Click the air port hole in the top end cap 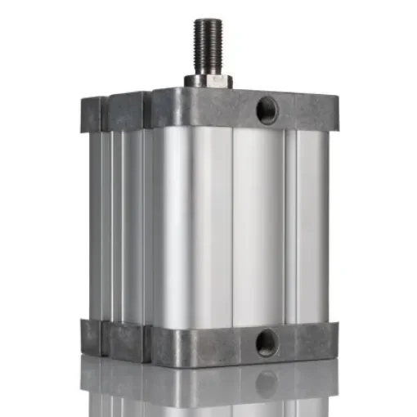click(x=267, y=110)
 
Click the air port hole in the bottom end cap click(x=267, y=342)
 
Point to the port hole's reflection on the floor click(x=266, y=383)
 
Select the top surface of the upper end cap click(x=245, y=92)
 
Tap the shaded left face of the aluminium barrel click(x=119, y=221)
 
